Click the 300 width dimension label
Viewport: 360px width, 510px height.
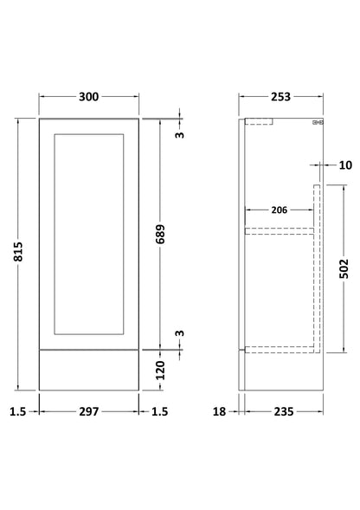89,97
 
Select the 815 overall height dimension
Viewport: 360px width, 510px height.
18,251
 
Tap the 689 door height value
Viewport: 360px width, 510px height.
160,234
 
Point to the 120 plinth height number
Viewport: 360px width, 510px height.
160,370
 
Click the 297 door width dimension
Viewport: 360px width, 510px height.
89,412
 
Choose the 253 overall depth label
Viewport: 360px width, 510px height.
280,97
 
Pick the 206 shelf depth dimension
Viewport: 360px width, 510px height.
280,210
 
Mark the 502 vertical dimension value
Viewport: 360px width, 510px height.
344,268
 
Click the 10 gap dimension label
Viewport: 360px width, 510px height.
345,165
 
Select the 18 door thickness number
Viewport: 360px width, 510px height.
219,412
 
